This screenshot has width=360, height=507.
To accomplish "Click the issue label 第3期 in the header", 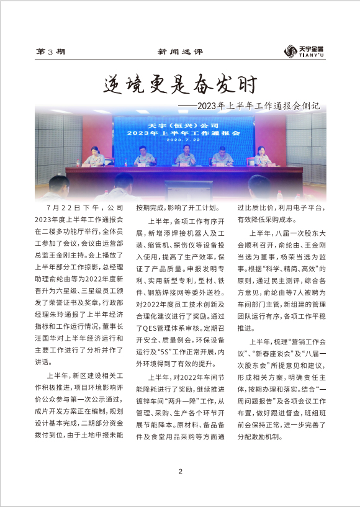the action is click(x=51, y=53).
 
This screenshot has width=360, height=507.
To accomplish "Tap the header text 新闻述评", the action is click(x=180, y=53).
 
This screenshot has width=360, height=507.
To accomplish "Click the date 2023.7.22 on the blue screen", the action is click(x=183, y=140).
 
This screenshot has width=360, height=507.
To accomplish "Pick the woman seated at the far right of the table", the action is click(x=263, y=156).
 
